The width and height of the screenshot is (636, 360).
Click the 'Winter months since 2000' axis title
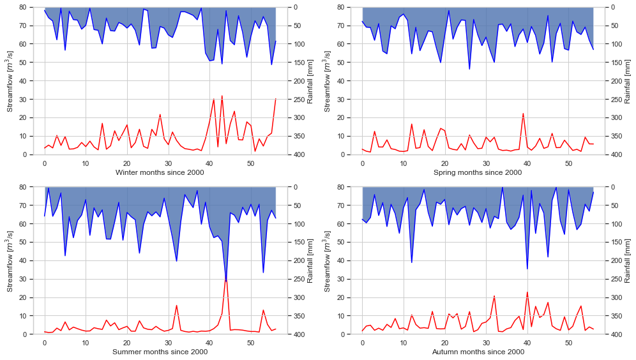pos(160,172)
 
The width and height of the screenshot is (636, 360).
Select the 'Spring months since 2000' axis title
pos(478,172)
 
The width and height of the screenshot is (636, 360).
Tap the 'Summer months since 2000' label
pos(160,352)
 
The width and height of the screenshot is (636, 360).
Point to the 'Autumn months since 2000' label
pos(478,352)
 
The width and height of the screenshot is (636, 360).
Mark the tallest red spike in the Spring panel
pos(523,114)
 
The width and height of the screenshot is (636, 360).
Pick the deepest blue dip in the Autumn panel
pos(527,269)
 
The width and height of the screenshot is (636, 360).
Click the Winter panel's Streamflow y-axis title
pos(10,80)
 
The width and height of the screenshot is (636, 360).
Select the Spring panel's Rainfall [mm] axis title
pos(627,80)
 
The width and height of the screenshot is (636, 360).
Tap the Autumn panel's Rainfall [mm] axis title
pos(627,260)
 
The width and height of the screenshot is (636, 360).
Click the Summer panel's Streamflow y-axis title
pos(10,260)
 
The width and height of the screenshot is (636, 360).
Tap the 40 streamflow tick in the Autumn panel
pos(340,260)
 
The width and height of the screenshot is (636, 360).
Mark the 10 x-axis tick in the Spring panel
pos(404,163)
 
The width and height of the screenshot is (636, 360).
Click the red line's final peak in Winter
pos(275,99)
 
